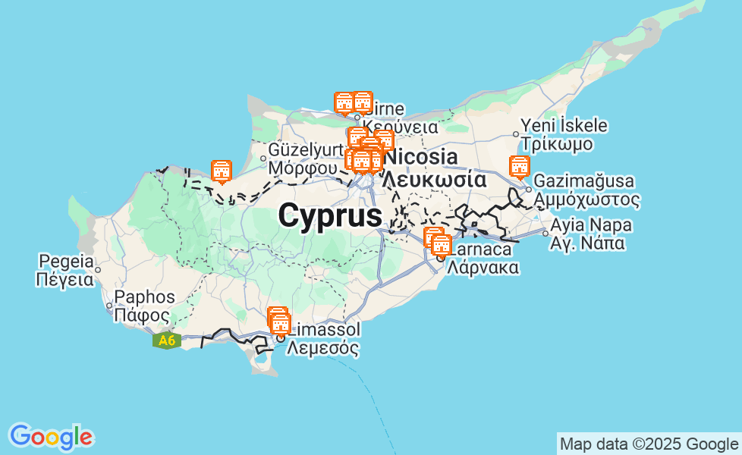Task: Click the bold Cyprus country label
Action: click(x=330, y=216)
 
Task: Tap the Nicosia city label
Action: click(x=422, y=158)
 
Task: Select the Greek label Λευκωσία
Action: click(x=433, y=180)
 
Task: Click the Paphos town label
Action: click(x=144, y=297)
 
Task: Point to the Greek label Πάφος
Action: click(x=141, y=315)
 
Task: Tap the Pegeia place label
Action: click(x=65, y=262)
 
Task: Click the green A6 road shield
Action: click(x=167, y=340)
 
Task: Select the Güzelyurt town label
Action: click(x=304, y=149)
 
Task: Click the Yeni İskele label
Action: click(x=564, y=126)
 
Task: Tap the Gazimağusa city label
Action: click(x=584, y=182)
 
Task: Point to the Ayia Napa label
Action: click(x=591, y=225)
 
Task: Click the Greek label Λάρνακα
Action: click(x=483, y=267)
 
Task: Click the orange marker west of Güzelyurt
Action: click(x=221, y=171)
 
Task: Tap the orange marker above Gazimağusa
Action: click(x=519, y=166)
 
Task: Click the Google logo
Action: click(x=51, y=436)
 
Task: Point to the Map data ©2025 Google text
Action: click(x=648, y=444)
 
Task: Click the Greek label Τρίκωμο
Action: click(x=558, y=144)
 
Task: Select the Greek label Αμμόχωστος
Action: click(x=586, y=200)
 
